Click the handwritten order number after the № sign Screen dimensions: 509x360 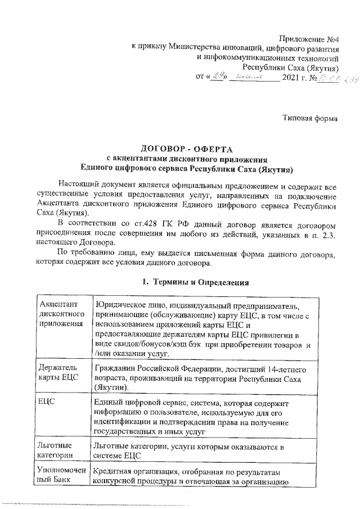(331, 77)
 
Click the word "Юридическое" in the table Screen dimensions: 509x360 (121, 304)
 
